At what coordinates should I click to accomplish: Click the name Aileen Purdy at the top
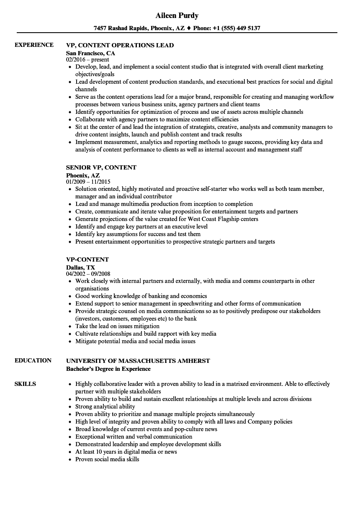[x=177, y=15]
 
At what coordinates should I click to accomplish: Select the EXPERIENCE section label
[x=34, y=45]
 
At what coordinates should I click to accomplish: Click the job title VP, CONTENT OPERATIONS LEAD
[x=120, y=45]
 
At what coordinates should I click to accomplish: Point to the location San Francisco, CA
[x=90, y=53]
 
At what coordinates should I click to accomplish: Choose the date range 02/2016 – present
[x=87, y=60]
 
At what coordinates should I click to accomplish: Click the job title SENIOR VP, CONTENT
[x=101, y=167]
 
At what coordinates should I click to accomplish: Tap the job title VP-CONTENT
[x=87, y=259]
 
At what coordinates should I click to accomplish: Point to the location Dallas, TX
[x=80, y=267]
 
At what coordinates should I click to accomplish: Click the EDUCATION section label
[x=33, y=360]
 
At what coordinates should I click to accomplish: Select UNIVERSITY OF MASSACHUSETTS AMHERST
[x=138, y=361]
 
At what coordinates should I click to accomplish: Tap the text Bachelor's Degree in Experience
[x=108, y=369]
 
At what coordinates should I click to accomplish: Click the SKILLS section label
[x=25, y=384]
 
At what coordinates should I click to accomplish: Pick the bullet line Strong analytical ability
[x=105, y=406]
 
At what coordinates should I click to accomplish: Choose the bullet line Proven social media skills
[x=107, y=459]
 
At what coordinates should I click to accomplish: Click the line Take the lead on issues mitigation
[x=117, y=326]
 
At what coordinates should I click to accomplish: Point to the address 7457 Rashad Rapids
[x=122, y=28]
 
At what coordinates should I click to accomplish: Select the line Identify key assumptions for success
[x=138, y=234]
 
